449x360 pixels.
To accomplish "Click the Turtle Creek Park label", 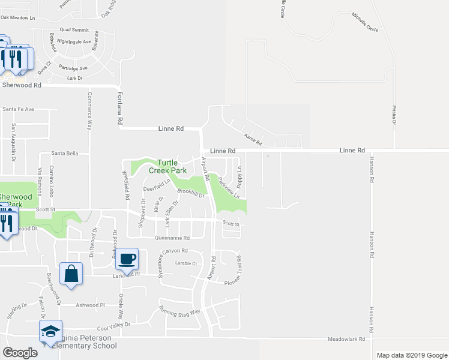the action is [x=172, y=166].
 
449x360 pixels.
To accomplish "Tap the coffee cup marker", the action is [x=127, y=259].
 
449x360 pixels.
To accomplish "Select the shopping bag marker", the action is [x=71, y=274].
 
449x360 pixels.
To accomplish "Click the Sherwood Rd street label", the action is [x=22, y=85].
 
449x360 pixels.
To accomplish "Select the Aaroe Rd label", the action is [x=253, y=139].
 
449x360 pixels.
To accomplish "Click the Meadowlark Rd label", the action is [x=346, y=339].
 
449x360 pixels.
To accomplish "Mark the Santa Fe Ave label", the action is [x=19, y=109].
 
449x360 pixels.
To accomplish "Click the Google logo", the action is [x=20, y=353].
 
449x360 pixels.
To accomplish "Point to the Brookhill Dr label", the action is [x=191, y=193].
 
